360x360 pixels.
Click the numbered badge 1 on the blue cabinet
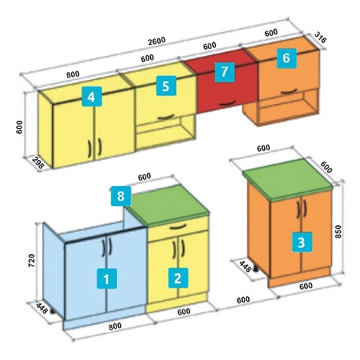(x=106, y=278)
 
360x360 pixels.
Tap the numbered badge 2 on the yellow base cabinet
(x=178, y=278)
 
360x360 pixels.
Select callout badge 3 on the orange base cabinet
(x=302, y=242)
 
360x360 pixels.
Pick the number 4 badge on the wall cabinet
(x=92, y=97)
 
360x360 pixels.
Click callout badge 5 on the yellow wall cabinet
(x=166, y=86)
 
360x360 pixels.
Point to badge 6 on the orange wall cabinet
(x=286, y=58)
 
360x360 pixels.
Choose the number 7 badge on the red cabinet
(x=224, y=72)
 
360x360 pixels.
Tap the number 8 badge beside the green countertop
(x=121, y=196)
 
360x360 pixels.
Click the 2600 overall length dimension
(x=157, y=41)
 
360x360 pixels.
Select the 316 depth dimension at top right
(x=320, y=38)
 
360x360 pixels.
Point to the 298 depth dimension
(x=38, y=163)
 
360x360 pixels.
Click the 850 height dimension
(x=338, y=231)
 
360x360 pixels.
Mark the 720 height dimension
(x=31, y=260)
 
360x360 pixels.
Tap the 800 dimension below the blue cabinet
(x=115, y=326)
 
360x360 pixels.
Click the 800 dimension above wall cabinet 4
(x=73, y=74)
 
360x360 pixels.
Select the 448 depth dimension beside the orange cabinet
(x=245, y=267)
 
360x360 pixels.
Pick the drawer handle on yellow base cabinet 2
(x=178, y=227)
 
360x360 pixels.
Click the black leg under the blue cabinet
(x=53, y=311)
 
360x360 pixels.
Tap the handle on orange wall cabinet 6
(x=290, y=91)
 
